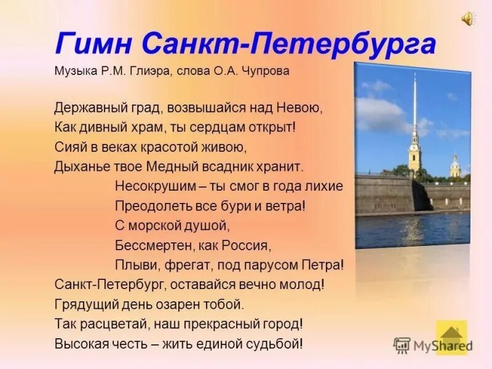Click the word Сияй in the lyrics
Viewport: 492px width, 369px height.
[66, 147]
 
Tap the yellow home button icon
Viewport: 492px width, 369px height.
[451, 337]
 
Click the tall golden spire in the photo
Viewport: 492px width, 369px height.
[415, 111]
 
